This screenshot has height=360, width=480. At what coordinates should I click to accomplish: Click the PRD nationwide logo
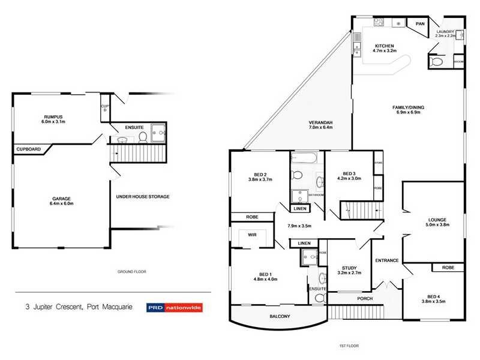(174, 308)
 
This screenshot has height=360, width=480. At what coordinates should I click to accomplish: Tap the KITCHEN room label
(384, 46)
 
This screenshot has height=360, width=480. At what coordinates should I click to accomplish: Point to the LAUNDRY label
(446, 32)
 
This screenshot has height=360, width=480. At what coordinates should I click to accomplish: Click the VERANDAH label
(321, 122)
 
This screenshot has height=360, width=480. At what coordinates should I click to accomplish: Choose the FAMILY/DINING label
(408, 107)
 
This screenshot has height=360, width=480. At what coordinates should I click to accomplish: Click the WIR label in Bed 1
(253, 235)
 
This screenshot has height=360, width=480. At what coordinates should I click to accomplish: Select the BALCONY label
(280, 316)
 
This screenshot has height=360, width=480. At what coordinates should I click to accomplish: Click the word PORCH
(364, 298)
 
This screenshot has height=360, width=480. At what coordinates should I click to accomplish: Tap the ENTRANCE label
(387, 260)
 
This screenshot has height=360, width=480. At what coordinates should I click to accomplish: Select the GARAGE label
(61, 199)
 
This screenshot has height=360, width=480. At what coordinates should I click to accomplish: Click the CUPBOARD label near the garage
(29, 149)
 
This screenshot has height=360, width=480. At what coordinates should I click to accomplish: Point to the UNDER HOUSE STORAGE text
(143, 196)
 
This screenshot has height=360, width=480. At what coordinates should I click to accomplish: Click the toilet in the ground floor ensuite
(143, 137)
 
